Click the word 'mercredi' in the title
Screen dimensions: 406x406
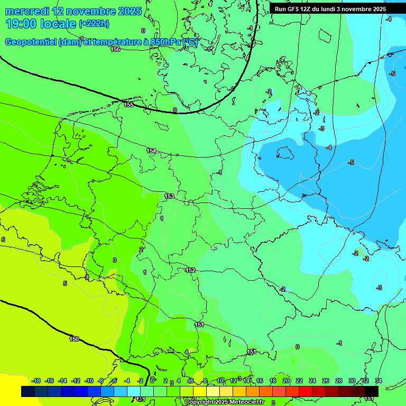point(27,11)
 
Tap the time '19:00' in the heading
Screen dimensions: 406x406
point(21,24)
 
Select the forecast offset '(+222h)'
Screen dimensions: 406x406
point(94,24)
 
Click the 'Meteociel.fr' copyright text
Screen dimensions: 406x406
point(244,402)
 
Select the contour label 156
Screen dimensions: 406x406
point(115,49)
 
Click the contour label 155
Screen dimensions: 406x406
point(128,105)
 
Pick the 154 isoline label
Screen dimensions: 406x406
point(151,151)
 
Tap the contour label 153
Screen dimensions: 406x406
point(169,196)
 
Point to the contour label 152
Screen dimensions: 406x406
point(190,270)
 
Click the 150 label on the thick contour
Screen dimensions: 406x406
point(74,339)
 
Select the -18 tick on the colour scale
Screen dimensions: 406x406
point(36,381)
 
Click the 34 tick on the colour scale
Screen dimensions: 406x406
point(378,381)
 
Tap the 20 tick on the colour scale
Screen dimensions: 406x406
point(286,381)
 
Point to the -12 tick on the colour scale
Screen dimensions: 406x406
point(76,381)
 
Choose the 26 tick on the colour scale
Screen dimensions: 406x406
point(326,381)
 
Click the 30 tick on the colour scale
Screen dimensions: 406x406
point(352,381)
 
